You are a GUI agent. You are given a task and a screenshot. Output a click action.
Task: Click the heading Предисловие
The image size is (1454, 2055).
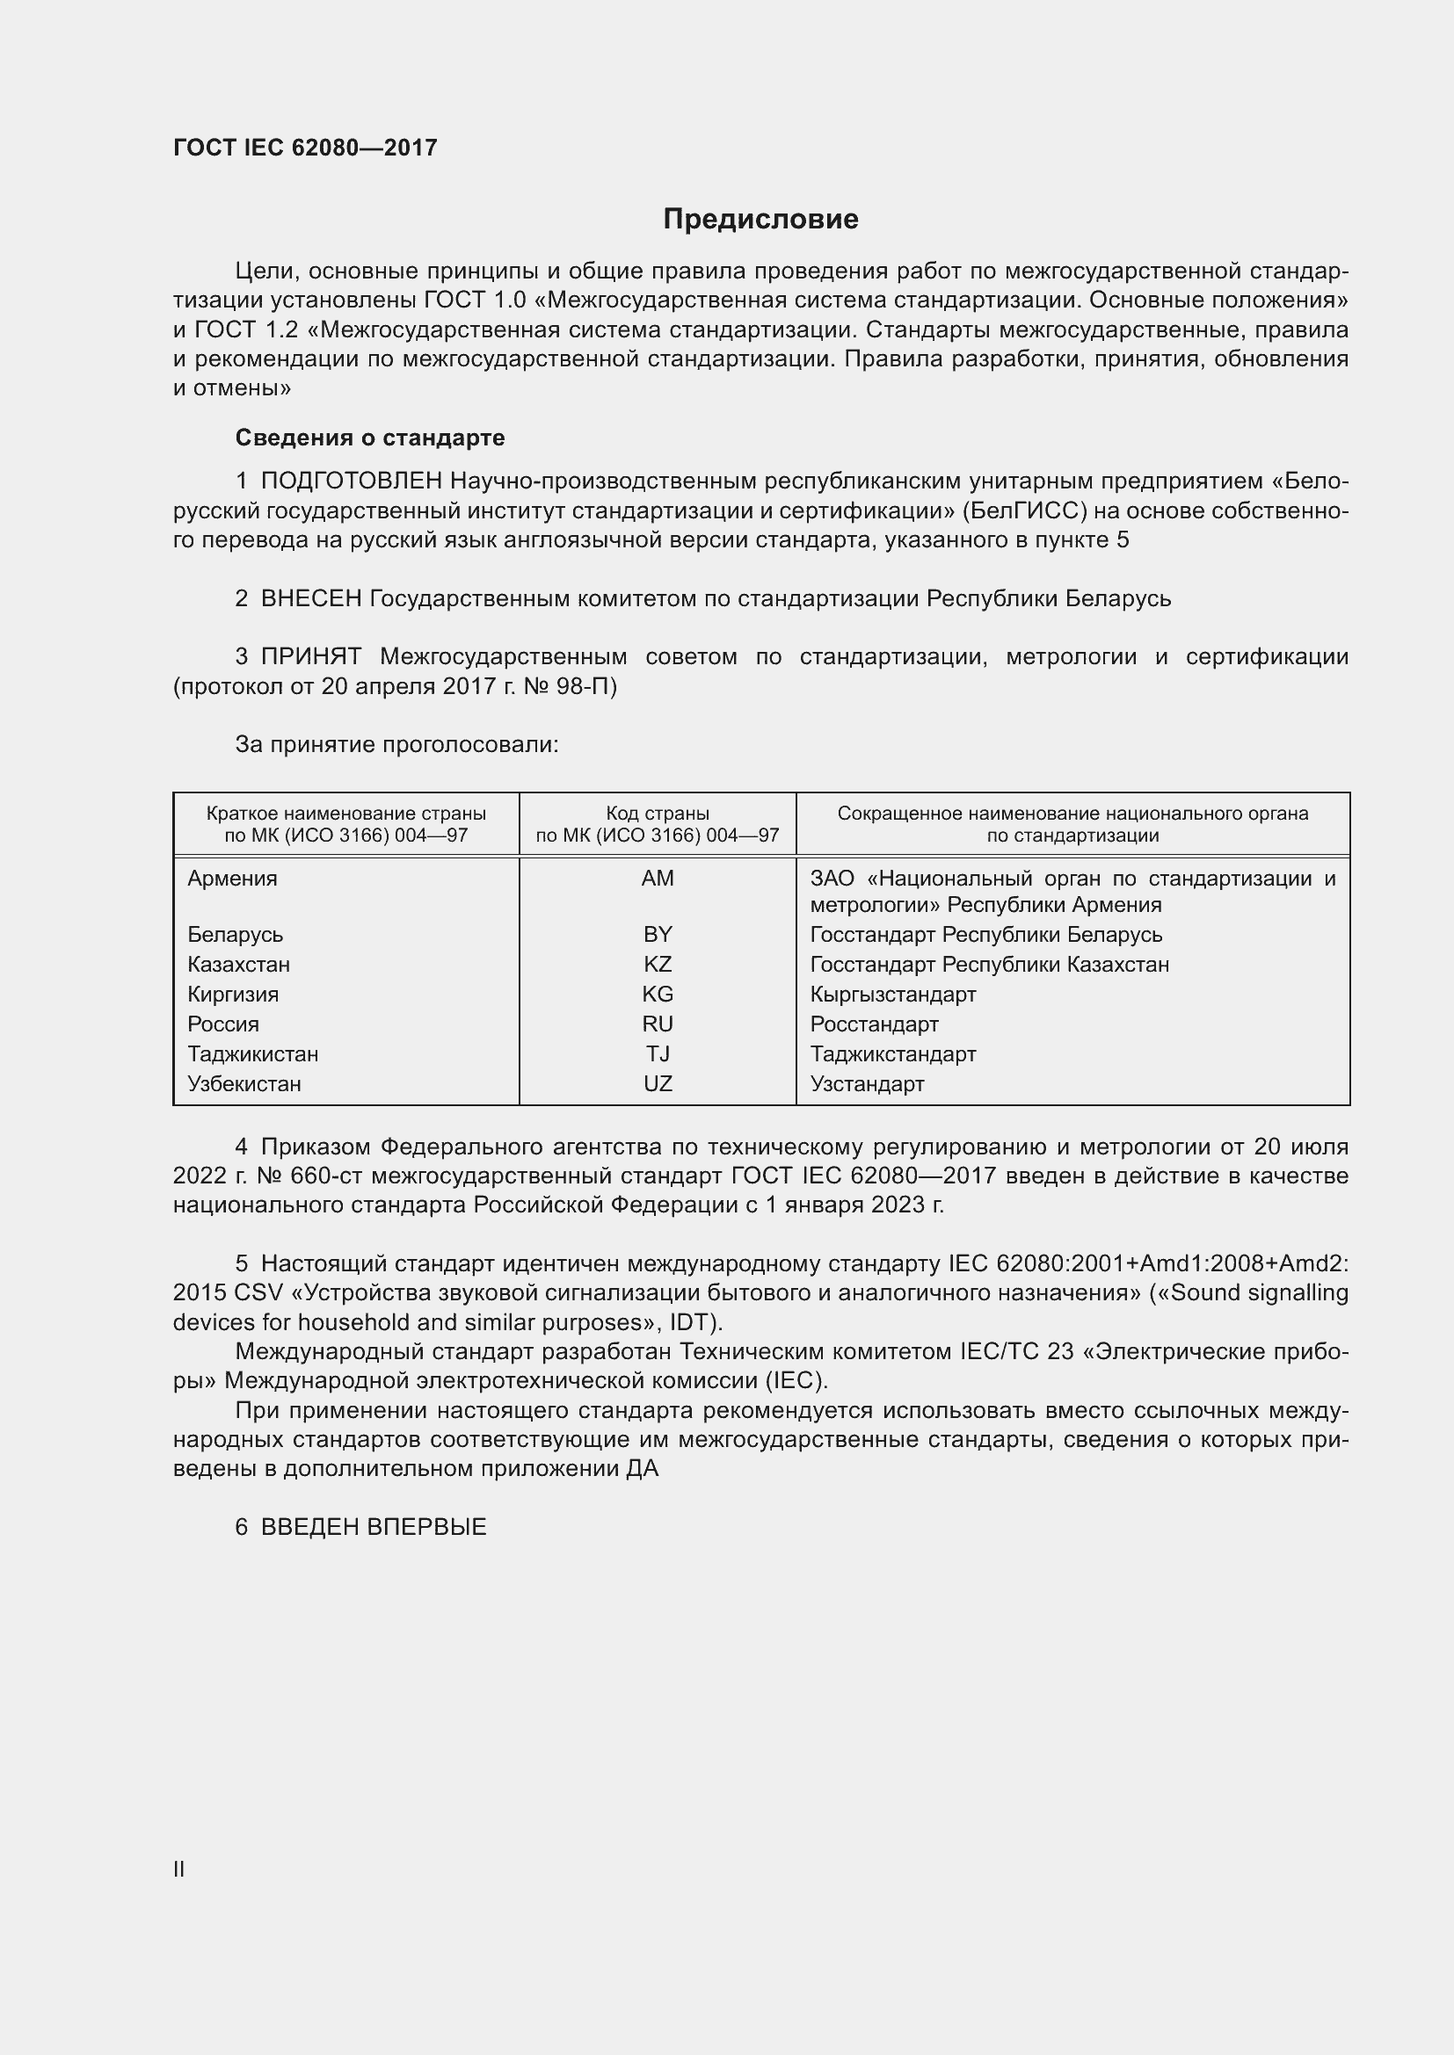(760, 219)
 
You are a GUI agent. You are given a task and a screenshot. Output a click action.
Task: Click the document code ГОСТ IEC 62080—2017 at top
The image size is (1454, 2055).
(305, 148)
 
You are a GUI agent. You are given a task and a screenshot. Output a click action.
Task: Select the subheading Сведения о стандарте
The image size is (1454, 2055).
(370, 438)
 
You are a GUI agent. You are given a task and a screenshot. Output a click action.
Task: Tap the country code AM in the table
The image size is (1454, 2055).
(658, 878)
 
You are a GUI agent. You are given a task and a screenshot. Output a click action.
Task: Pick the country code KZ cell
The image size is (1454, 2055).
(658, 964)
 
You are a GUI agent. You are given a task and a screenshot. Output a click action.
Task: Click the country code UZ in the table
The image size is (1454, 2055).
(658, 1083)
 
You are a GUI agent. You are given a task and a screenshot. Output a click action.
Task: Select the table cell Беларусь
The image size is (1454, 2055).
(235, 935)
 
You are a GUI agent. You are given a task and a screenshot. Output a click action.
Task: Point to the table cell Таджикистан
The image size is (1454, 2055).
(252, 1053)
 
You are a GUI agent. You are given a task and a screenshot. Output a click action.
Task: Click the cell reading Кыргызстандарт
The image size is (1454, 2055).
(892, 995)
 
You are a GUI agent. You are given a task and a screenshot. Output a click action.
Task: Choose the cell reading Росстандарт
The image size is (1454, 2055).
(874, 1024)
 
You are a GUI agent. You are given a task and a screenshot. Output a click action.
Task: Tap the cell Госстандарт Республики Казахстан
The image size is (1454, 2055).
(989, 964)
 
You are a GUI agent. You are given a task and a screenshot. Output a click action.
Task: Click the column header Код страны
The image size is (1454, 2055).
(658, 814)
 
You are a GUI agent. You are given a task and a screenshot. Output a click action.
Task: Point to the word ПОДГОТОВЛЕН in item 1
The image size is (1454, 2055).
(352, 481)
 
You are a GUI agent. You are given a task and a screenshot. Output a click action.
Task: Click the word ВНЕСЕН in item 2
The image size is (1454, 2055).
(310, 598)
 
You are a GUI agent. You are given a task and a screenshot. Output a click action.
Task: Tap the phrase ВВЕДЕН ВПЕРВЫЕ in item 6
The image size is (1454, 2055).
(374, 1527)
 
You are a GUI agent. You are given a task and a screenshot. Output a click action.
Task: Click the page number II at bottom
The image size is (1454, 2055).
(179, 1869)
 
